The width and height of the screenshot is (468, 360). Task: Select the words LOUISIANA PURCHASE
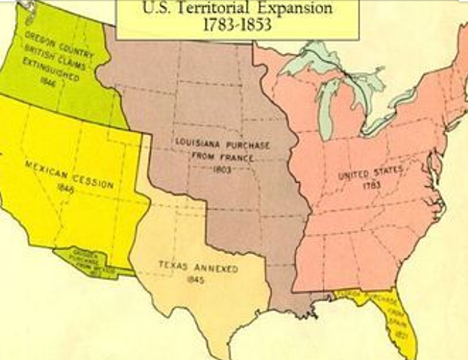pos(222,143)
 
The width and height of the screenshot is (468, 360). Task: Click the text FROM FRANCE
pos(223,156)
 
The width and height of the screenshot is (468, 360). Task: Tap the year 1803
pos(222,169)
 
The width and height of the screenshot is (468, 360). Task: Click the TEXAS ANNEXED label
pos(198,267)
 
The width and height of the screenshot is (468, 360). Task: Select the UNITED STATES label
pos(370,174)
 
